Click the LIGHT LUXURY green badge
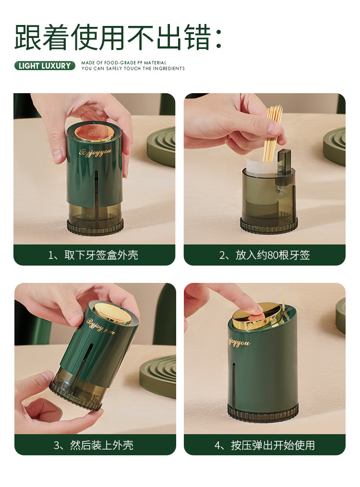click(45, 65)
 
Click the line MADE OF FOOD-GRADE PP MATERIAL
click(123, 63)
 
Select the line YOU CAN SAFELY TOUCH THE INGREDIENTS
click(133, 68)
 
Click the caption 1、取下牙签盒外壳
click(94, 255)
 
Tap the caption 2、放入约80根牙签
click(264, 255)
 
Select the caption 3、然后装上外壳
click(94, 445)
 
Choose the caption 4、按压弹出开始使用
click(264, 445)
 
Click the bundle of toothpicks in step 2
click(273, 134)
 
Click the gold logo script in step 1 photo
click(95, 152)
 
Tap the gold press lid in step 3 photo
click(112, 314)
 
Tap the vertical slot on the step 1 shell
click(96, 187)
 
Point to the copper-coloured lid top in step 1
click(94, 132)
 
